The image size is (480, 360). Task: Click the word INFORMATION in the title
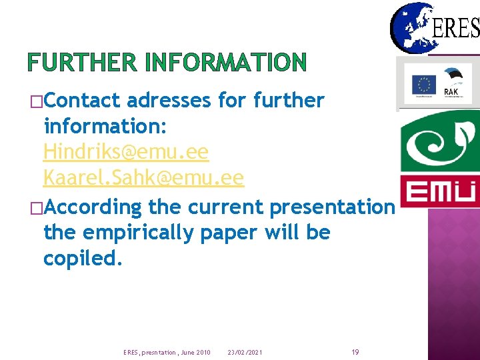pos(226,63)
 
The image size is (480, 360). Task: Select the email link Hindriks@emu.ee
pos(126,152)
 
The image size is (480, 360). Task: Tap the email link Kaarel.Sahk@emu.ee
pos(143,178)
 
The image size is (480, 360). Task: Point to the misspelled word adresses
pos(169,101)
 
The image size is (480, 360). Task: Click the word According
pos(94,207)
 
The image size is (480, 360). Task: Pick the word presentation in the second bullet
pos(332,207)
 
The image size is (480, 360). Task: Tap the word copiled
pos(83,259)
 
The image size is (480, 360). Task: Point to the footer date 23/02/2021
pos(245,352)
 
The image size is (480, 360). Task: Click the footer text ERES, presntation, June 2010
pos(167,352)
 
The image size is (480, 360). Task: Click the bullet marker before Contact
pos(34,101)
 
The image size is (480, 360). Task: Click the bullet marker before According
pos(34,207)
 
